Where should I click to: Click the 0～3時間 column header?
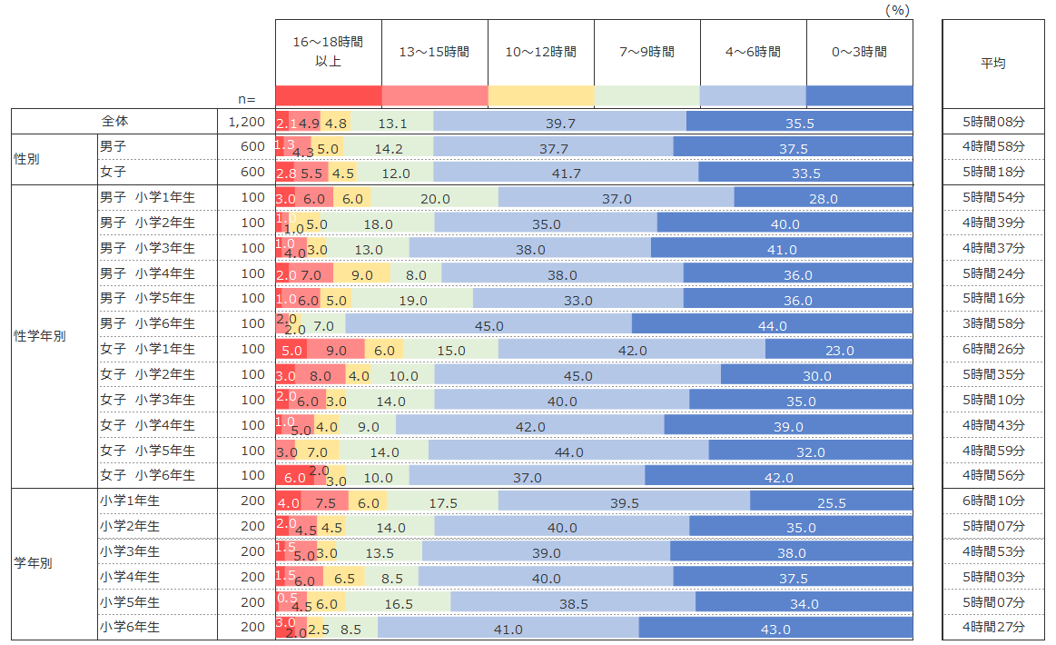[859, 53]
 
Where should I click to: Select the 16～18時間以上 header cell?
[329, 53]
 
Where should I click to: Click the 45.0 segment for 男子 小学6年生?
[489, 325]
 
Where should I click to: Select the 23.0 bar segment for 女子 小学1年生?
[838, 351]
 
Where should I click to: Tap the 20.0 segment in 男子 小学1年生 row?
[435, 199]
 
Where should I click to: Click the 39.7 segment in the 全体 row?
[559, 124]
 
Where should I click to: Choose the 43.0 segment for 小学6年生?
[775, 629]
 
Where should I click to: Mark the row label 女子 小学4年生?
[147, 424]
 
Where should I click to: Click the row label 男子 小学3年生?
[147, 248]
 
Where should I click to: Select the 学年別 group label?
[34, 563]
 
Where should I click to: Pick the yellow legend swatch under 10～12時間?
[540, 95]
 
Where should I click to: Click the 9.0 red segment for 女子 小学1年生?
[335, 351]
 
